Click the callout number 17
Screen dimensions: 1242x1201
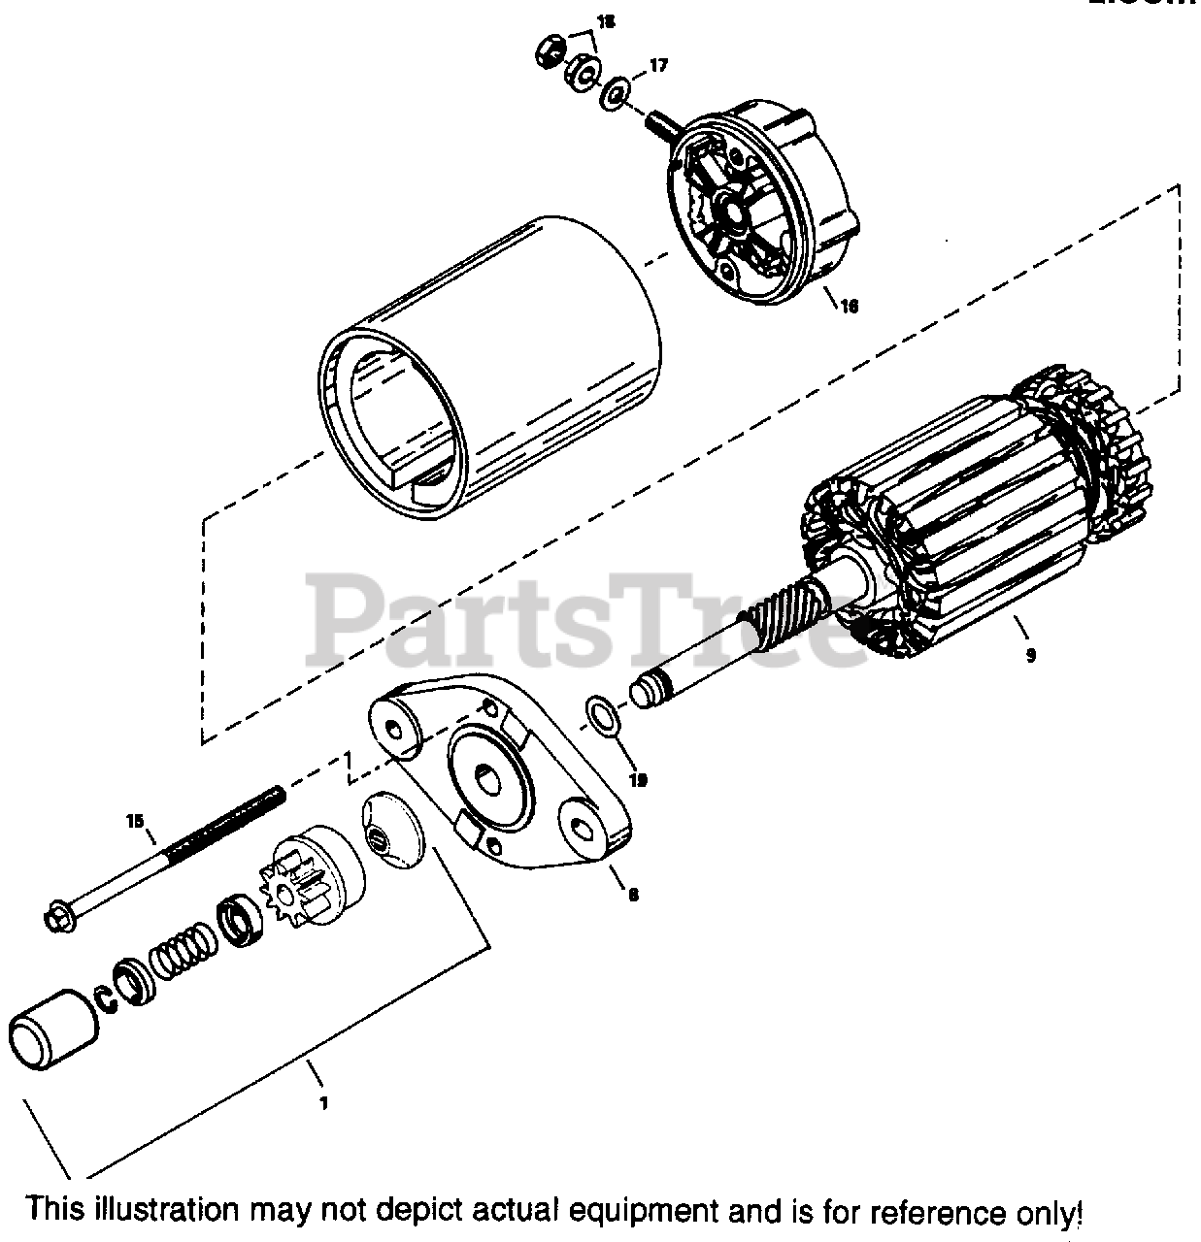(x=657, y=66)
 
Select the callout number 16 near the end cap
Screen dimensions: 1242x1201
(x=849, y=307)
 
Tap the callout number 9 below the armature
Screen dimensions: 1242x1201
(x=1030, y=655)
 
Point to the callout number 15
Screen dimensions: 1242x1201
(x=134, y=821)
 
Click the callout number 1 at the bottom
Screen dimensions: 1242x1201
(x=323, y=1102)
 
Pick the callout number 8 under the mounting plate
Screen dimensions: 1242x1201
(x=632, y=895)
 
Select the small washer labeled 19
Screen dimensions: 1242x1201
(x=602, y=715)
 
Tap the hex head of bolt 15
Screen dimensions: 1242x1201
(x=58, y=915)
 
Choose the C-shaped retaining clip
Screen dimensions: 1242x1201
(x=104, y=995)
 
